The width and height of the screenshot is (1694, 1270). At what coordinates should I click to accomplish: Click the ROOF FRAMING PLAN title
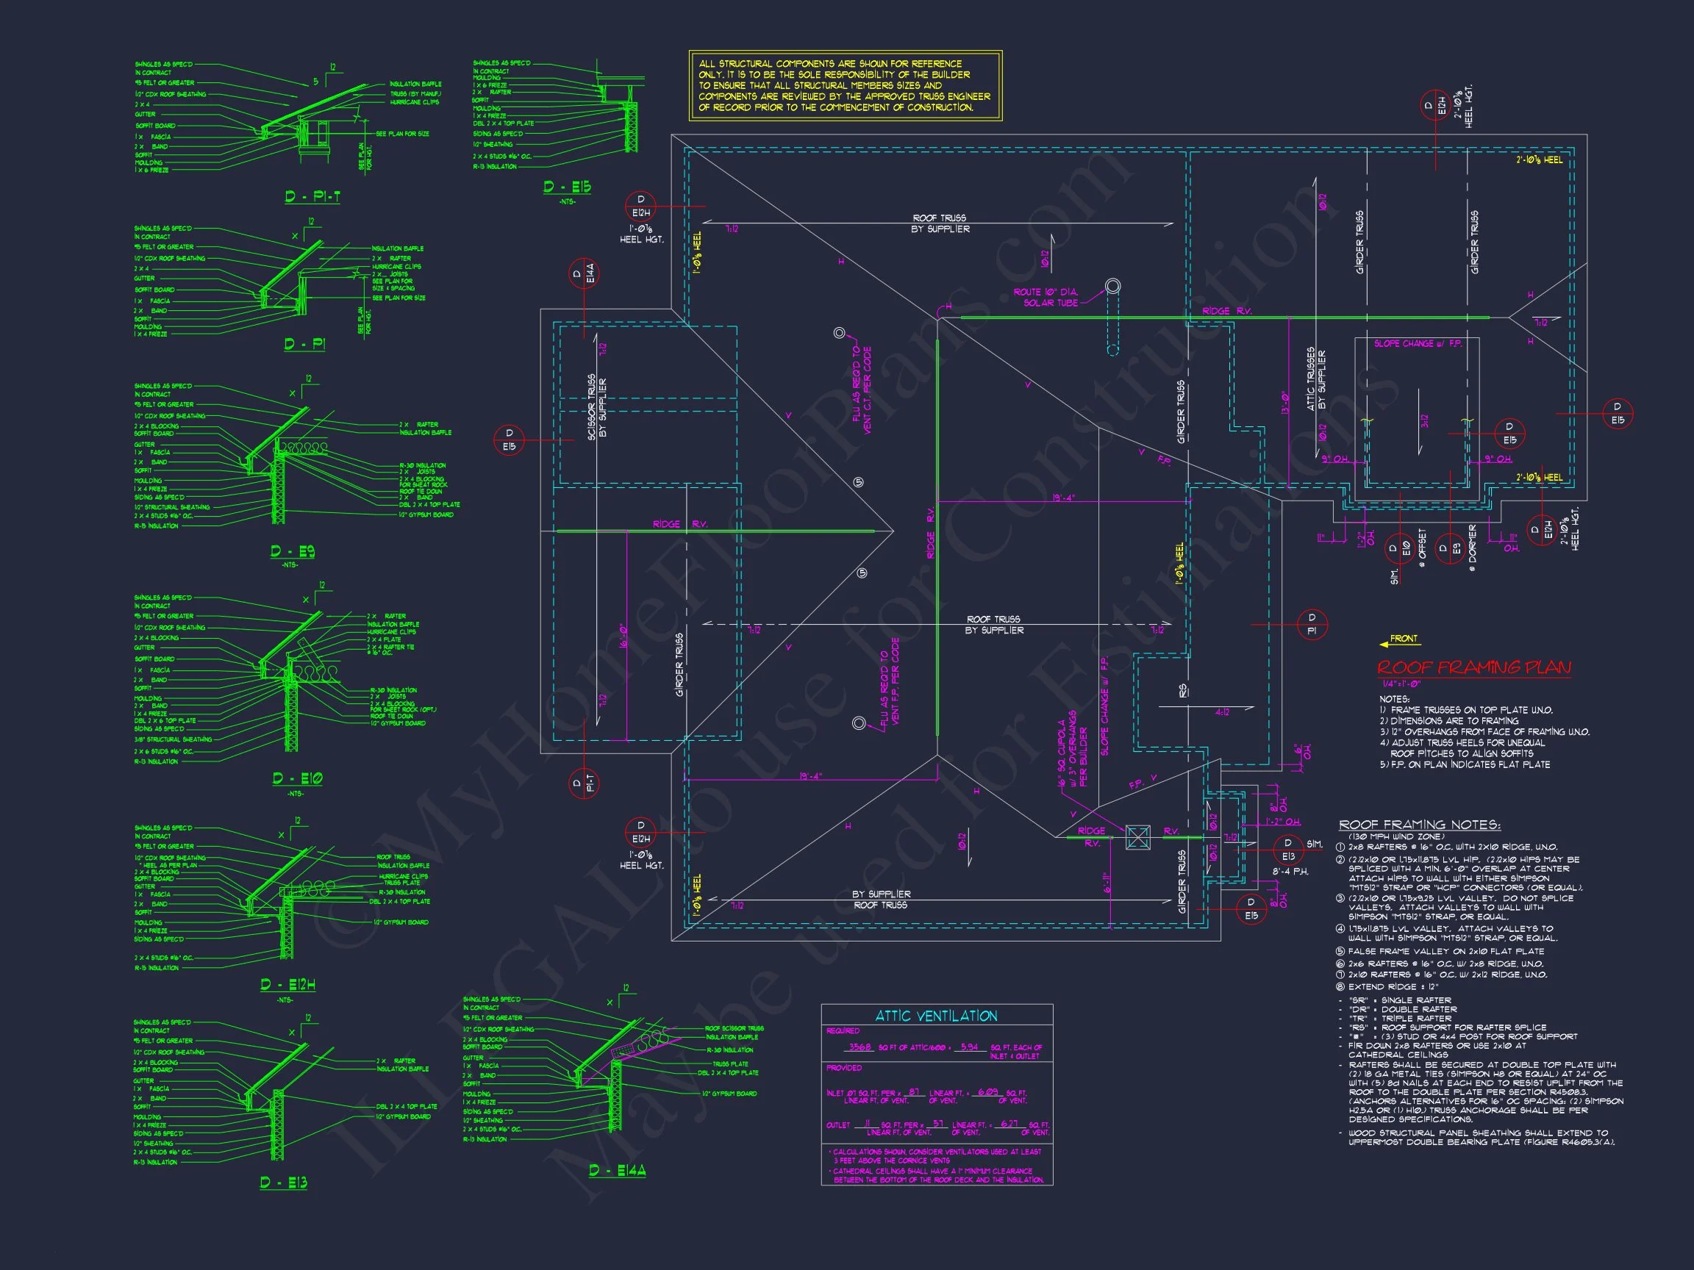coord(1473,668)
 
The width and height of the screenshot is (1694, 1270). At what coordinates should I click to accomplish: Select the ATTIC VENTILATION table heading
coord(936,1016)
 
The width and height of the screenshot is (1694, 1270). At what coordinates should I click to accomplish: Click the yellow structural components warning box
coord(845,86)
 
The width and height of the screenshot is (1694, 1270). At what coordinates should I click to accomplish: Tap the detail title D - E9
coord(293,551)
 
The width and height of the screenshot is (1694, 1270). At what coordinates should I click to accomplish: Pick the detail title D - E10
coord(297,778)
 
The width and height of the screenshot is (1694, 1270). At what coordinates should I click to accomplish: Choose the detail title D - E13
coord(283,1183)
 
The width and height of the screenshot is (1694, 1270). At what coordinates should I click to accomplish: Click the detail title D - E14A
coord(618,1171)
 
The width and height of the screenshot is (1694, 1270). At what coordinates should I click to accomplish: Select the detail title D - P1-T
coord(312,197)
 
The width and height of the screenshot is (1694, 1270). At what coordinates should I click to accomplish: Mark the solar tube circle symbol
coord(1112,287)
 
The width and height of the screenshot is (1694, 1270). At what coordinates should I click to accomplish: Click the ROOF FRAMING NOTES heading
coord(1419,825)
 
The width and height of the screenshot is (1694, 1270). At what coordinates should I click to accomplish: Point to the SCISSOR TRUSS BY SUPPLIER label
coord(596,407)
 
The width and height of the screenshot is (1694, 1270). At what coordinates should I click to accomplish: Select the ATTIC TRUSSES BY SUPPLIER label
coord(1315,379)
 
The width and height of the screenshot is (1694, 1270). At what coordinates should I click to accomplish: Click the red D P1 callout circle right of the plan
coord(1312,624)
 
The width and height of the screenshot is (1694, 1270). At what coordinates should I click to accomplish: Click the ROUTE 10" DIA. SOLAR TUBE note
coord(1046,297)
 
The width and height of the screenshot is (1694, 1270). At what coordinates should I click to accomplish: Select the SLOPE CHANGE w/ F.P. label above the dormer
coord(1418,344)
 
